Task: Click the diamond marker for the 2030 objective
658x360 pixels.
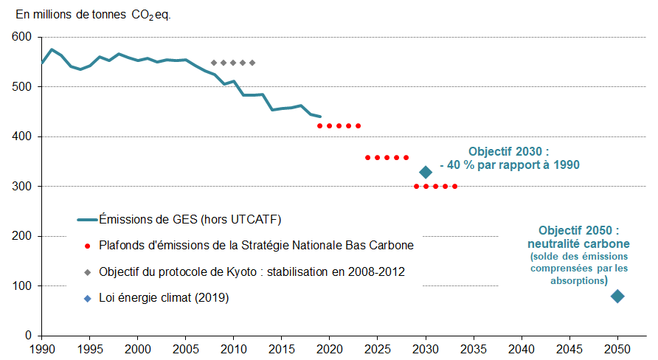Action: coord(426,172)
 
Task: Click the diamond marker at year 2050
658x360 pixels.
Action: coord(617,296)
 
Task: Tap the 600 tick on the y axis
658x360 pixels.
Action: coord(22,37)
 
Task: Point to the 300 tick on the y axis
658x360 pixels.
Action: coord(22,187)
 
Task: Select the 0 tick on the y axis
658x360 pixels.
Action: coord(28,336)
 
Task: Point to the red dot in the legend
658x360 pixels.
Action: coord(87,246)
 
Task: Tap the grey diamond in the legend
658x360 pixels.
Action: coord(87,272)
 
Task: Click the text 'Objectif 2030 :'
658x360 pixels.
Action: coord(509,151)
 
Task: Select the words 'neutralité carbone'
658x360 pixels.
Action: coord(578,243)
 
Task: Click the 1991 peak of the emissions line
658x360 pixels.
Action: coord(52,49)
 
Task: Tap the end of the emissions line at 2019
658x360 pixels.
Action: coord(320,117)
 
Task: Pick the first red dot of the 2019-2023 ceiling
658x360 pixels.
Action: coord(320,126)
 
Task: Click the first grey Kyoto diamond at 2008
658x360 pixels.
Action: coord(214,63)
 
